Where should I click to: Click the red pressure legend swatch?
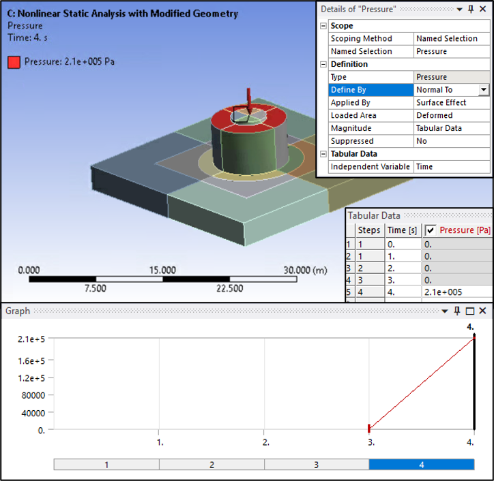14,62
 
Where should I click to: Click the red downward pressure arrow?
249,102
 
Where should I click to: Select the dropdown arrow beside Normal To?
484,90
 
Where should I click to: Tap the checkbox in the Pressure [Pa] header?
431,230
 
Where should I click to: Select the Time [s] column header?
402,230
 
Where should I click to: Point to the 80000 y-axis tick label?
31,395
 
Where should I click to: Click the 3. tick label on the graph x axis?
370,442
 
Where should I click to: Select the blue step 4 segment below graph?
421,465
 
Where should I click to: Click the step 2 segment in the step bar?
212,465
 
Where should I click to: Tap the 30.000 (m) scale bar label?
305,270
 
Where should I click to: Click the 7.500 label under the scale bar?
95,288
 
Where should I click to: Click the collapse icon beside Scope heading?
323,26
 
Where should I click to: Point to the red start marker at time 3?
368,428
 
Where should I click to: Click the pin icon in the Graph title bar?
457,311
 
